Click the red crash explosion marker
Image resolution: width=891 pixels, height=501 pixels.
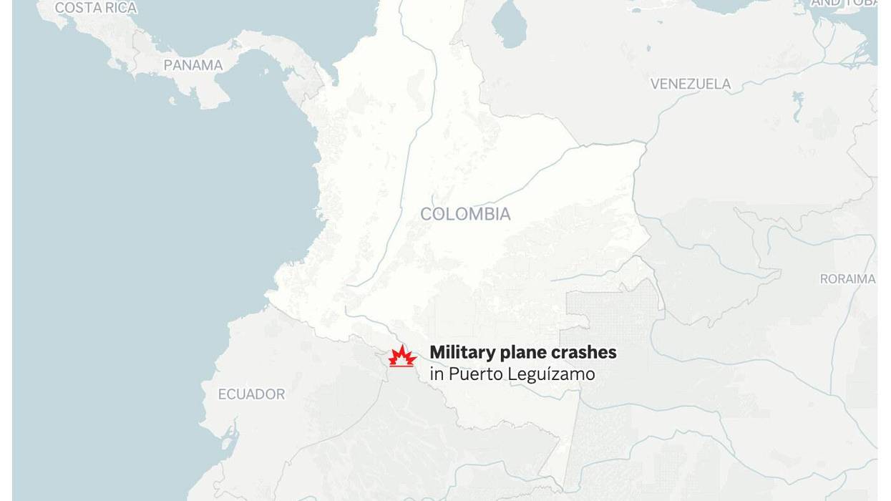402,356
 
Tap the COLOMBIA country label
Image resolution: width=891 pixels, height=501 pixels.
465,214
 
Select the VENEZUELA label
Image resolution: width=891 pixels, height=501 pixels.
691,84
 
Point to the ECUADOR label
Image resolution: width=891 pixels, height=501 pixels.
251,394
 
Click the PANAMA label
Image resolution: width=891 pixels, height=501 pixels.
193,65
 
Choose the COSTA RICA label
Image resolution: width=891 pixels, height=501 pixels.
96,8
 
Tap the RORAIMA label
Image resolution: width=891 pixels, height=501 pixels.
847,279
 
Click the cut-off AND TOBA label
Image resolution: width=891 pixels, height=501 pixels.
844,4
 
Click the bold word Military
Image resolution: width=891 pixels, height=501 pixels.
463,352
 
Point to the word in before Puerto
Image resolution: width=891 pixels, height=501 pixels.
436,374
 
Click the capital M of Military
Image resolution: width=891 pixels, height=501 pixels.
437,352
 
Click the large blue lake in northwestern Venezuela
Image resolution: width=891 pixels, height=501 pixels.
509,24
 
